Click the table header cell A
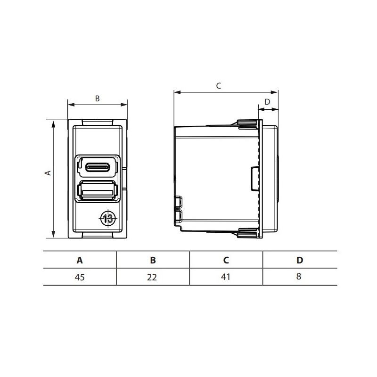[x=80, y=260]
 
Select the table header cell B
[x=153, y=260]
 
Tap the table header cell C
[x=226, y=260]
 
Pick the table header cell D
[x=299, y=260]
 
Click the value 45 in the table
[x=80, y=277]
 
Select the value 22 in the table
[x=153, y=277]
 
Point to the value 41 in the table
[x=226, y=277]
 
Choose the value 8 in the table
[x=299, y=277]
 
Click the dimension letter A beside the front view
[x=47, y=173]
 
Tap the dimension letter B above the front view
[x=98, y=98]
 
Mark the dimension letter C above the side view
[x=218, y=86]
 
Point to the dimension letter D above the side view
[x=267, y=101]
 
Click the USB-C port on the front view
[x=97, y=166]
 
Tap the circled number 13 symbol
[x=108, y=218]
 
